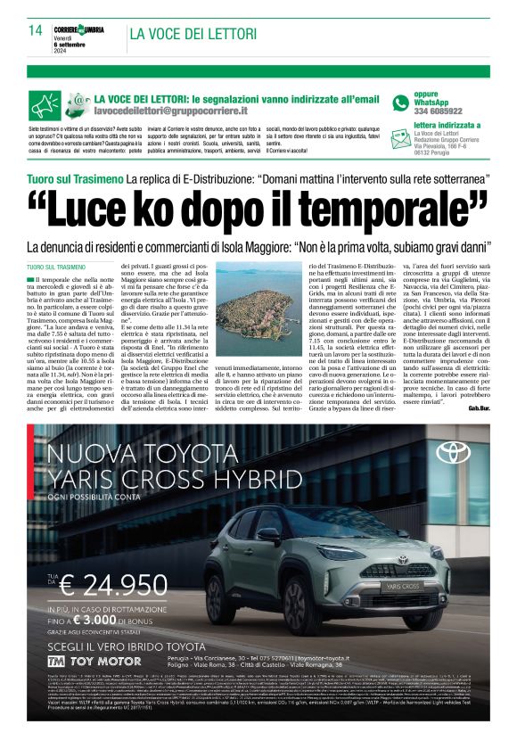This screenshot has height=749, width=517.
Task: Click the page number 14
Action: pos(37,30)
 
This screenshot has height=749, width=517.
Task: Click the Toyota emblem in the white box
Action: pos(453,453)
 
